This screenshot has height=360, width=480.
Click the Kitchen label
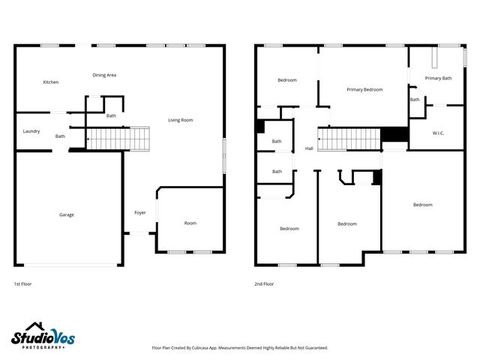point(50,82)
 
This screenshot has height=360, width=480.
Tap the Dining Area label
point(104,75)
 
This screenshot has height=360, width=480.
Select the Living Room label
point(180,120)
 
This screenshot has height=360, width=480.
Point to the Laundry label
point(31,131)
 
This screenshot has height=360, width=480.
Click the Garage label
point(67,214)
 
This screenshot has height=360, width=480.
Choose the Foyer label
point(140,213)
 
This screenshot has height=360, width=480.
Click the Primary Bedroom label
point(364,89)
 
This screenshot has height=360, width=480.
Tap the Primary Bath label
point(438,78)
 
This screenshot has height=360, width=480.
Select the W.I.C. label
point(439,133)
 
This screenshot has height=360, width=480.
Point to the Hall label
point(309,148)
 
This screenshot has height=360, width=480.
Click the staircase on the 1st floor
point(119,139)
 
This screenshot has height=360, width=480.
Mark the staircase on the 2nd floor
point(349,139)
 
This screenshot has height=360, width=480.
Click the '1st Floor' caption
point(22,284)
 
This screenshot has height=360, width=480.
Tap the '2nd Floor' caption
point(264,284)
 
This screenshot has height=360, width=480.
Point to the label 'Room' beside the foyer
point(190,223)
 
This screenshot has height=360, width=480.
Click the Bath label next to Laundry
point(60,136)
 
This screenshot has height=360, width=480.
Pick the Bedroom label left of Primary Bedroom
point(287,80)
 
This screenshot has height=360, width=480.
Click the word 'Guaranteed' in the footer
point(313,348)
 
